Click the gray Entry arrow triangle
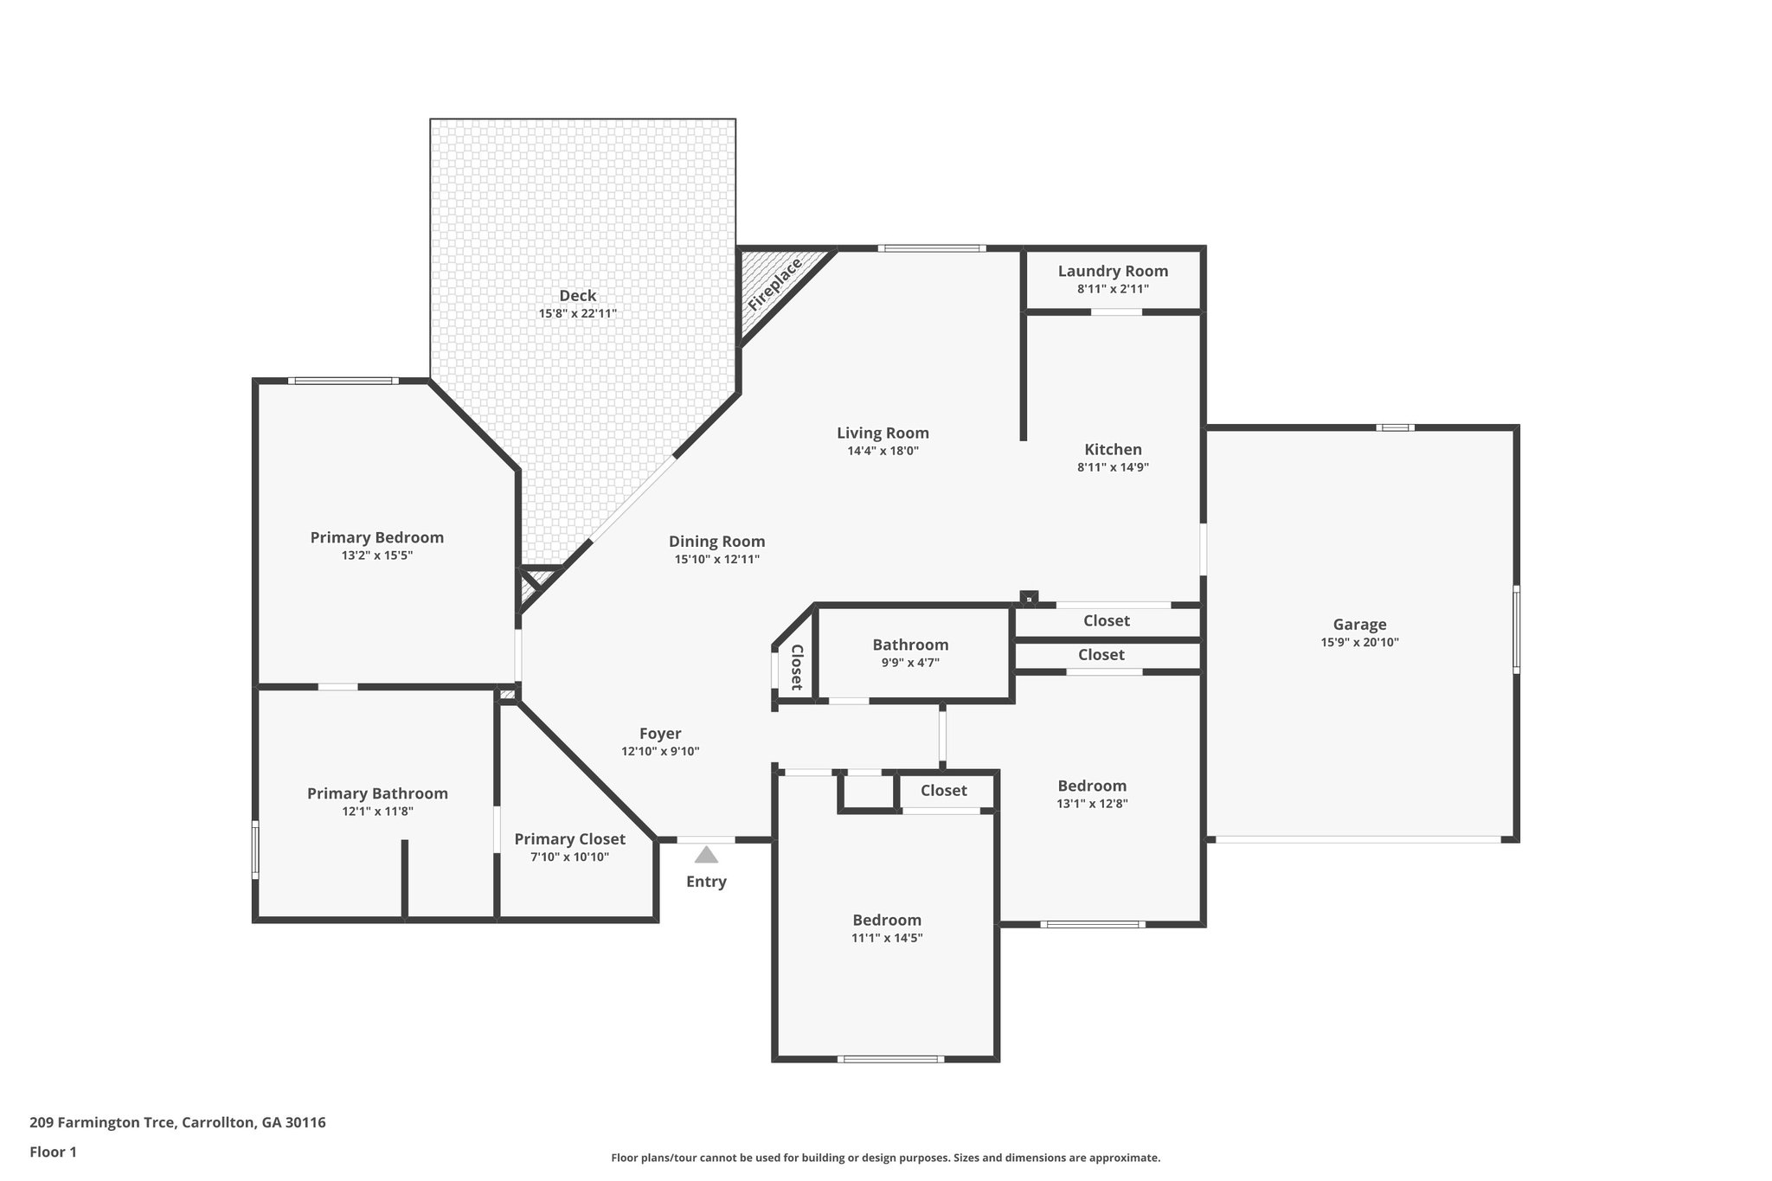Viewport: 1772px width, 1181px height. (706, 855)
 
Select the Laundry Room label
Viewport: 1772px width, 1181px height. (1113, 272)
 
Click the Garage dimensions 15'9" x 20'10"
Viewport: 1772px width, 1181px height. (1359, 643)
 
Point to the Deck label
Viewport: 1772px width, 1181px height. (577, 296)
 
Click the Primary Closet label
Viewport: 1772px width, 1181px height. (569, 839)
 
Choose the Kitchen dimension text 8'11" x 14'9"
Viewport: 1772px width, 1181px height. (1113, 467)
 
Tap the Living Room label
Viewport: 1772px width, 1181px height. (883, 433)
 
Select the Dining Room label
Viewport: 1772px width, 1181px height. (716, 542)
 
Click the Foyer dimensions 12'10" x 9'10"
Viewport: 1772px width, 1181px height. (660, 752)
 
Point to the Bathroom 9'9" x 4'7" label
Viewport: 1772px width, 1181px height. (910, 645)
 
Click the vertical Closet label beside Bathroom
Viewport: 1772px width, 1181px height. (797, 667)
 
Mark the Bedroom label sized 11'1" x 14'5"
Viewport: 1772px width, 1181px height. (887, 921)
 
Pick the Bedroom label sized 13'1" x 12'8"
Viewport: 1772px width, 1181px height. (1092, 786)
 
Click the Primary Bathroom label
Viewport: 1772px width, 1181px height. (377, 793)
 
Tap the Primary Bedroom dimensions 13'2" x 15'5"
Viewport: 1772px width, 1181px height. (377, 555)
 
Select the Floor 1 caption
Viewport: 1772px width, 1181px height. (53, 1152)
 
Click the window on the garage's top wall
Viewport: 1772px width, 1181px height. (1395, 427)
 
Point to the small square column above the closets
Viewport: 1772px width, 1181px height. (1028, 597)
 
